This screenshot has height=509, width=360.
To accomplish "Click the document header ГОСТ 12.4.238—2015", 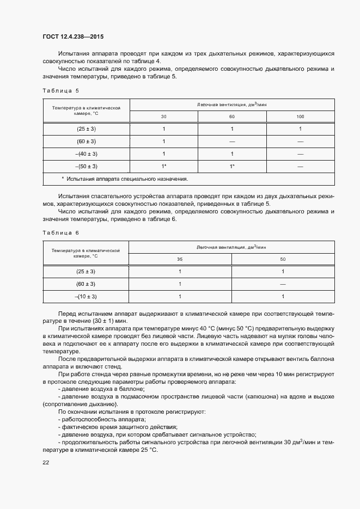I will click(x=72, y=37).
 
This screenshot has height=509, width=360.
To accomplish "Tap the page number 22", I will click(x=45, y=462).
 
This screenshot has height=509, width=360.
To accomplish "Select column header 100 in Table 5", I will click(x=300, y=116).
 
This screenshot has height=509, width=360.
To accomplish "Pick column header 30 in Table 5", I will click(x=163, y=116).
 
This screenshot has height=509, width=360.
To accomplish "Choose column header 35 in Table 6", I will click(x=180, y=259).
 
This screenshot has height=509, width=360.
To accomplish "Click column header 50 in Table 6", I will click(x=283, y=259).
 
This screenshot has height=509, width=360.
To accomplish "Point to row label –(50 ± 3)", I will click(x=86, y=166).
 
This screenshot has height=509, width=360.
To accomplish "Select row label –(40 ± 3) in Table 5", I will click(x=86, y=154).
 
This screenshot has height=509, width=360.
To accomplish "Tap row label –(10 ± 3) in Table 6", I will click(x=86, y=296).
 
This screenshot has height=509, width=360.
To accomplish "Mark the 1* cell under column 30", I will click(x=163, y=166).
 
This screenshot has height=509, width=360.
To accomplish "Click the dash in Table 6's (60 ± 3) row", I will click(x=283, y=284).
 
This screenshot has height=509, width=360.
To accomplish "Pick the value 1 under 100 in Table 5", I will click(x=300, y=129).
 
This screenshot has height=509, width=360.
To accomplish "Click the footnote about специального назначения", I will click(x=125, y=179).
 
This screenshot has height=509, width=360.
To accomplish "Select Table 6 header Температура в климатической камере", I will click(x=86, y=253).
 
